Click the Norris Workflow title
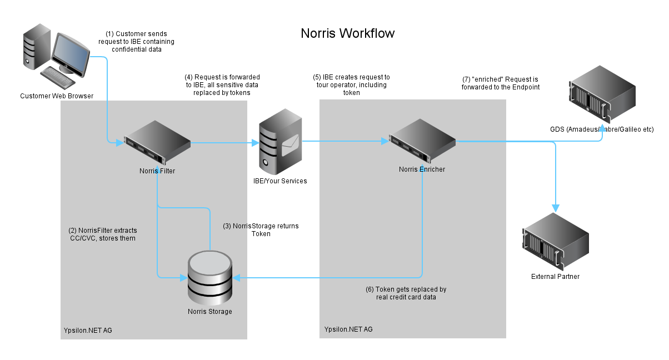point(348,33)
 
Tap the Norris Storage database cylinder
point(209,277)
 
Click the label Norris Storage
point(209,312)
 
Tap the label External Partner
point(555,277)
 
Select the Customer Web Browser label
point(57,96)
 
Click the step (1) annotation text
point(136,42)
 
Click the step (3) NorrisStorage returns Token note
point(261,230)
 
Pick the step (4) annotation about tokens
point(222,85)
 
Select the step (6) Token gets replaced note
point(406,293)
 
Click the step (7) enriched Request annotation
point(500,83)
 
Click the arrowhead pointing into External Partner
point(555,207)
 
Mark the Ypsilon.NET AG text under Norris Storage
point(88,331)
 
